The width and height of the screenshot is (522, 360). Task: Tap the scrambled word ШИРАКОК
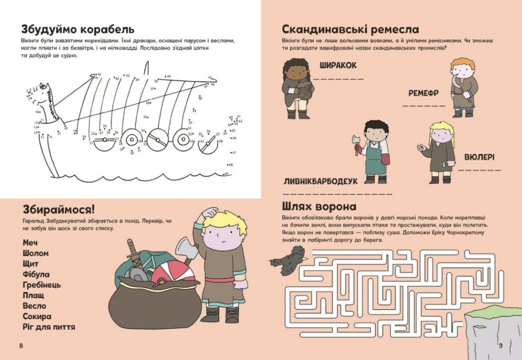pyautogui.click(x=337, y=65)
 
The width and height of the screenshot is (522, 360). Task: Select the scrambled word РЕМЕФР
pyautogui.click(x=423, y=93)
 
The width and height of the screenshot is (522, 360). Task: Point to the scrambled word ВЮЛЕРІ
pyautogui.click(x=479, y=157)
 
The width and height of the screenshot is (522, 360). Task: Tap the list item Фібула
pyautogui.click(x=36, y=274)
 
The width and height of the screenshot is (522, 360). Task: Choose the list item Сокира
pyautogui.click(x=37, y=317)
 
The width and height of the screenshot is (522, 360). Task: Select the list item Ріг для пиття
pyautogui.click(x=49, y=327)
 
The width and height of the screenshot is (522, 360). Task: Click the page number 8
pyautogui.click(x=20, y=345)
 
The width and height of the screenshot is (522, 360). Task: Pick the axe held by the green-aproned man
pyautogui.click(x=357, y=143)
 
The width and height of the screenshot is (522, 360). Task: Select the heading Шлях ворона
pyautogui.click(x=319, y=206)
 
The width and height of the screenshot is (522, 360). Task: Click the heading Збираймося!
pyautogui.click(x=58, y=210)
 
